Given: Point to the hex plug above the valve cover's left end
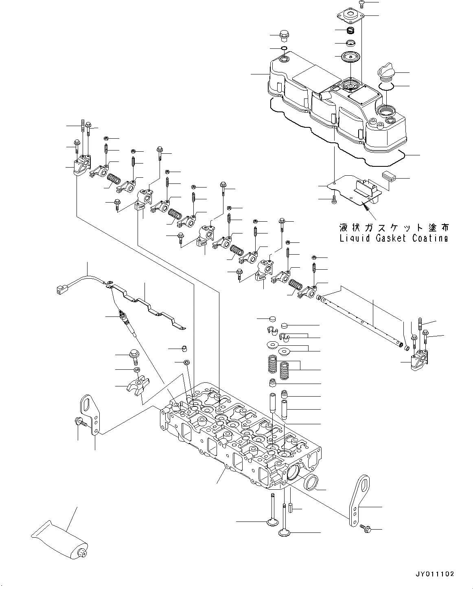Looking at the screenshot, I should [x=284, y=36].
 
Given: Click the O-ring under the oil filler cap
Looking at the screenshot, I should [x=388, y=87].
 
